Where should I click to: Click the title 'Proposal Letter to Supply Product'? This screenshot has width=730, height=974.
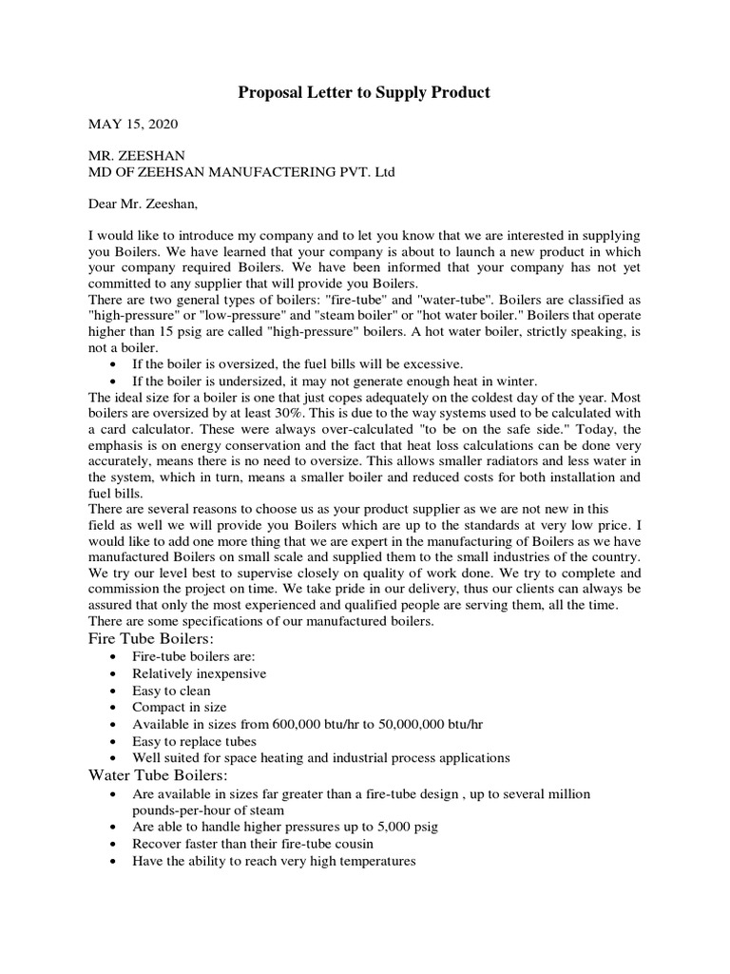pyautogui.click(x=364, y=92)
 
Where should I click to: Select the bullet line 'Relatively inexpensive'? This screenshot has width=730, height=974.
pyautogui.click(x=200, y=673)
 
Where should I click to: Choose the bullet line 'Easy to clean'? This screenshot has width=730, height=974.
pyautogui.click(x=172, y=691)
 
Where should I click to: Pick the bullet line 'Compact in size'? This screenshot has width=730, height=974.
pyautogui.click(x=180, y=707)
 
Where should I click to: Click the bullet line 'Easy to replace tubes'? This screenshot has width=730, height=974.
pyautogui.click(x=196, y=740)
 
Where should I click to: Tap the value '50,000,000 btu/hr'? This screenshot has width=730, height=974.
pyautogui.click(x=430, y=724)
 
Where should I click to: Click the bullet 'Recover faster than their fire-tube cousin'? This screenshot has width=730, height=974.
pyautogui.click(x=253, y=844)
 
